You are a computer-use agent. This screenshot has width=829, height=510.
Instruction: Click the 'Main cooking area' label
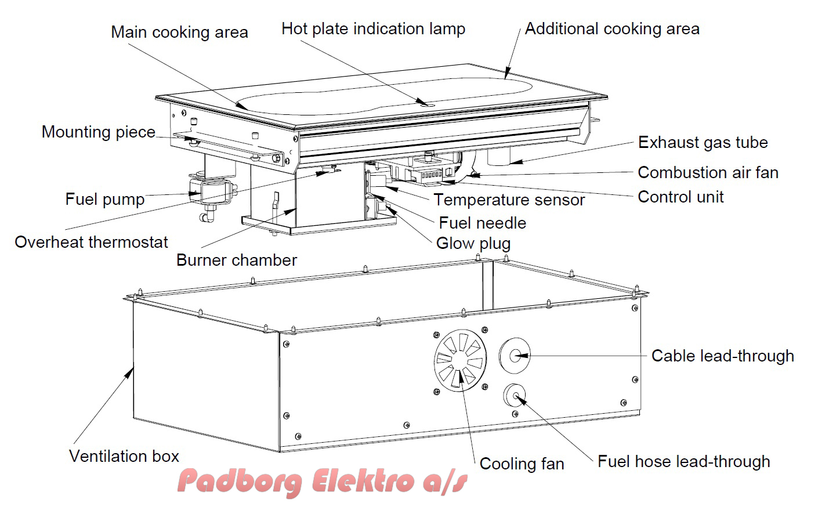179,32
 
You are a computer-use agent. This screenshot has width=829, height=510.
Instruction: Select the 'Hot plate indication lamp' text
373,29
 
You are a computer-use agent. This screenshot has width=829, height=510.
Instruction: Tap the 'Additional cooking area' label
612,29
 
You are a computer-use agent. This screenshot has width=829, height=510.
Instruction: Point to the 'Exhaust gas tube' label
703,143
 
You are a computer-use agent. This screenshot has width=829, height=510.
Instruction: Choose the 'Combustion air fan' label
708,173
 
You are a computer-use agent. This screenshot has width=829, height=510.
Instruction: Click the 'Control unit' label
680,197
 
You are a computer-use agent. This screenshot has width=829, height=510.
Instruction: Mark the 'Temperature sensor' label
509,200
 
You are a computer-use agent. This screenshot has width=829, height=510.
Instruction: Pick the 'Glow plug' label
473,244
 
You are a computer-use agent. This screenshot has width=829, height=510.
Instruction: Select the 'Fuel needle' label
482,223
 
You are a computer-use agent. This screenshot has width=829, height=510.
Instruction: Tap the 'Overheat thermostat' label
91,243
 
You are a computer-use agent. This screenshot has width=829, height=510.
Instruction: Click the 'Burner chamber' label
236,261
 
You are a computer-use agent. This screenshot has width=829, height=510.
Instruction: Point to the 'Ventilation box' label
124,457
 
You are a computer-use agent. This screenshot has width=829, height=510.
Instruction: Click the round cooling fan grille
459,361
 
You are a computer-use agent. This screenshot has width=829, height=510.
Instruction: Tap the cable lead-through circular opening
515,355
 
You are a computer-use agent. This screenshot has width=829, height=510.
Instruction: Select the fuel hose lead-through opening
515,396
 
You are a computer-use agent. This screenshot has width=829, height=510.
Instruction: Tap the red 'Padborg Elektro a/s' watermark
322,482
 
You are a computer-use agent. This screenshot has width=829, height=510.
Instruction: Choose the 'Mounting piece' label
99,132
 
